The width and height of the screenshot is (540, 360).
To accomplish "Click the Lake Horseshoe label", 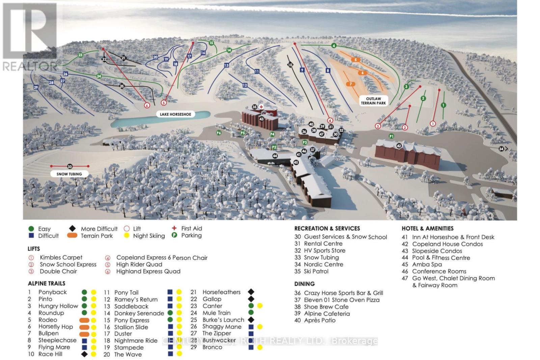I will [175, 114].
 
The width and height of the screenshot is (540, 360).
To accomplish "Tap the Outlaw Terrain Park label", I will [373, 101].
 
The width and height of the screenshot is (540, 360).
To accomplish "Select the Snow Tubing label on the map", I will [69, 174].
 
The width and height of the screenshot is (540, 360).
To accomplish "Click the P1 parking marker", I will [391, 136].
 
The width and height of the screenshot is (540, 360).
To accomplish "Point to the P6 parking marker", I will [219, 133].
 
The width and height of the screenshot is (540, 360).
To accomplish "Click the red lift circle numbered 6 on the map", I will [147, 105].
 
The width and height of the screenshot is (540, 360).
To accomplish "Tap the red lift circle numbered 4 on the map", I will [330, 120].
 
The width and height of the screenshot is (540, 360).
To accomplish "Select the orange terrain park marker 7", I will [351, 84].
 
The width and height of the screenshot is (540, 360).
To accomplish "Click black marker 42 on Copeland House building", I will [399, 146].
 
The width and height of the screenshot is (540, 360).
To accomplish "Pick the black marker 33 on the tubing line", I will [70, 166].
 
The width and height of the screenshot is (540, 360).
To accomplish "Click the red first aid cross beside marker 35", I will [261, 107].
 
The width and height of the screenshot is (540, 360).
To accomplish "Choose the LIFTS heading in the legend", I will [34, 249].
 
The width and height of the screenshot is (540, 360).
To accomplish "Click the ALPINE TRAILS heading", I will [47, 283].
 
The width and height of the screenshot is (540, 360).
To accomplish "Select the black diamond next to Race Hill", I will [84, 354].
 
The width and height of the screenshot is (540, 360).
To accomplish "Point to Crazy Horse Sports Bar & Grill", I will [343, 293].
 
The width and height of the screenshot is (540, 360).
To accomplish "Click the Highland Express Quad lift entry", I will [148, 271].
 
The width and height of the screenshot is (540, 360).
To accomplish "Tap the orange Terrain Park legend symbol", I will [72, 236].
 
